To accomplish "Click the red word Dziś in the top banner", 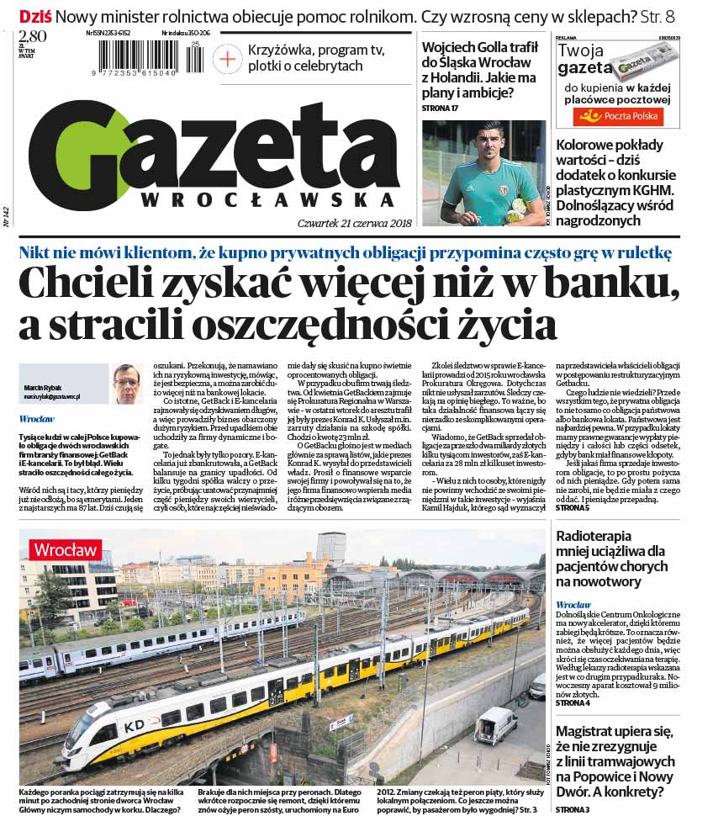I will (35, 16).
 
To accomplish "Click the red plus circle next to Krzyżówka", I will (227, 58).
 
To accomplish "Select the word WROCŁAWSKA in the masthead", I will (267, 200).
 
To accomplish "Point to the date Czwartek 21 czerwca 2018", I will (354, 223).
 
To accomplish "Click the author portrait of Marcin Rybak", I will (127, 384).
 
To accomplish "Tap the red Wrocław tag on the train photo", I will (66, 550).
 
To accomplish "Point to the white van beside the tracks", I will (494, 726).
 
